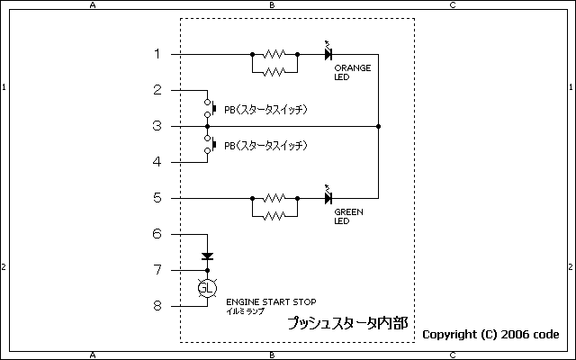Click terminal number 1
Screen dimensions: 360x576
(x=157, y=54)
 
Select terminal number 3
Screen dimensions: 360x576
(x=157, y=126)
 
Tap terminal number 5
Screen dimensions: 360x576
(x=157, y=198)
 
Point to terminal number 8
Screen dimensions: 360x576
(x=157, y=306)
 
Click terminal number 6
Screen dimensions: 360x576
(x=157, y=234)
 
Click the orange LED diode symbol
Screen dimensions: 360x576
(x=328, y=54)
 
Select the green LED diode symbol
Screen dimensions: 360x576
(x=328, y=198)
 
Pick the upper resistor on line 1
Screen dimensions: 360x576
(x=274, y=54)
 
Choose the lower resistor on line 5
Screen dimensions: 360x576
(x=274, y=215)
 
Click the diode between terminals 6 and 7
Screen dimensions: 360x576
(x=208, y=256)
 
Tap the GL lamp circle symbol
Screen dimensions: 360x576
(x=208, y=288)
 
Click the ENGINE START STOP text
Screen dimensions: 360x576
(x=270, y=301)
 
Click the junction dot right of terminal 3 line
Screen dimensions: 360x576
(x=378, y=126)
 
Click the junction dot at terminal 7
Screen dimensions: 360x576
(x=208, y=270)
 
